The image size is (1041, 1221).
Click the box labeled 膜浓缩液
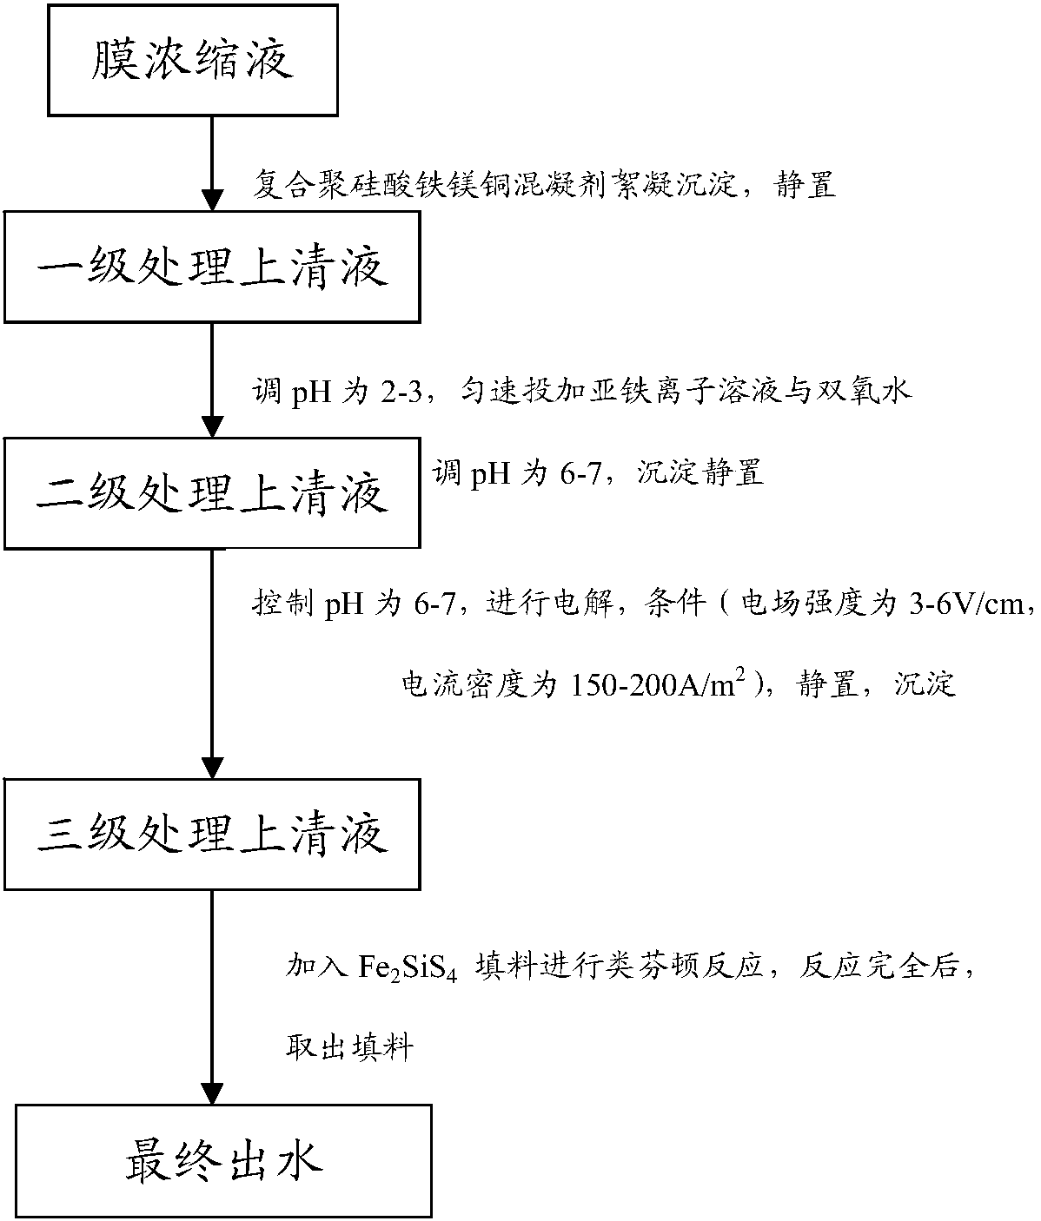pos(192,59)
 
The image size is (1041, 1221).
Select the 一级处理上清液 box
pos(212,268)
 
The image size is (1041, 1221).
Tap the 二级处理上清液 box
pos(213,494)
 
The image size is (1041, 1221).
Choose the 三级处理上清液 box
pos(213,835)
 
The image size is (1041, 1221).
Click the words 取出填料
pos(349,1047)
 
